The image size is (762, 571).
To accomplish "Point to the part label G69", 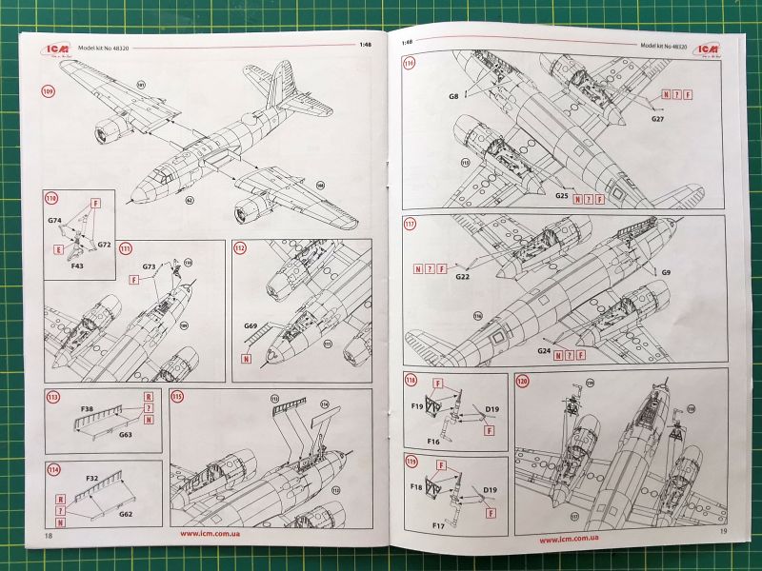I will (x=251, y=326).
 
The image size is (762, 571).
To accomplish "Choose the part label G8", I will (x=454, y=95).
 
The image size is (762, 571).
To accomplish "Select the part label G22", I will (x=464, y=277).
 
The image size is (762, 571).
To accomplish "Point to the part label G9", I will (x=667, y=273).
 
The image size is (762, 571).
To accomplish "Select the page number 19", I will (x=724, y=530).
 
